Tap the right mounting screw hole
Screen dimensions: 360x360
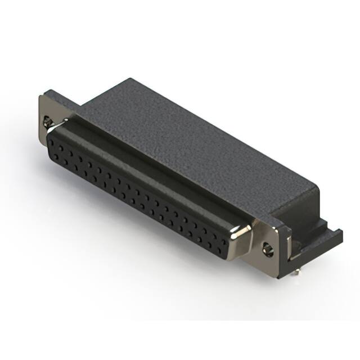pos(269,245)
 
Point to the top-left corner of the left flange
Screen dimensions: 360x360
pos(40,96)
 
